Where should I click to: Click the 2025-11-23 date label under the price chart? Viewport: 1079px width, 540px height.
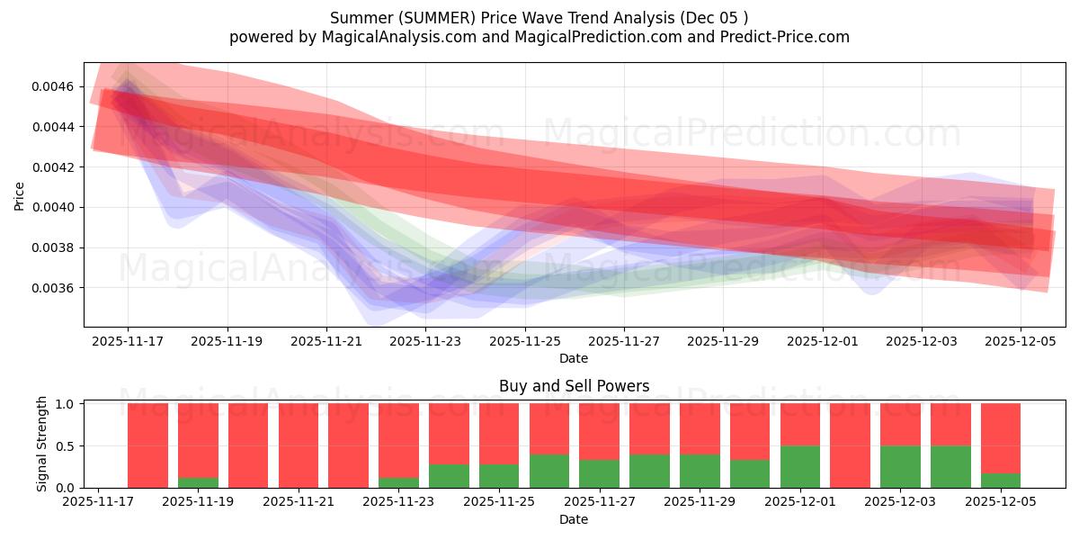click(425, 342)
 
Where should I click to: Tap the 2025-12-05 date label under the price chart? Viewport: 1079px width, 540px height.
click(1021, 342)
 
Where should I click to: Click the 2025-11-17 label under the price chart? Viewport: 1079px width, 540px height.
click(128, 342)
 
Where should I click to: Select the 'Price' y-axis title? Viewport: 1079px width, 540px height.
click(20, 195)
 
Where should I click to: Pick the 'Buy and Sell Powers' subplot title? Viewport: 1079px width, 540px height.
click(574, 386)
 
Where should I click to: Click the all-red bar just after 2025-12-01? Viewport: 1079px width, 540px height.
click(850, 445)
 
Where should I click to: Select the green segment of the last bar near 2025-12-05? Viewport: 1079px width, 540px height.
click(1000, 481)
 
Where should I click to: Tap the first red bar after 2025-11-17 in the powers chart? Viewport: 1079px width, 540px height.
click(147, 445)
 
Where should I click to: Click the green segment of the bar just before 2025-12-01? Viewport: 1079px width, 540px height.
click(800, 466)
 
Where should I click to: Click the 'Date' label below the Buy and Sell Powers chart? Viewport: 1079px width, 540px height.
click(574, 519)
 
